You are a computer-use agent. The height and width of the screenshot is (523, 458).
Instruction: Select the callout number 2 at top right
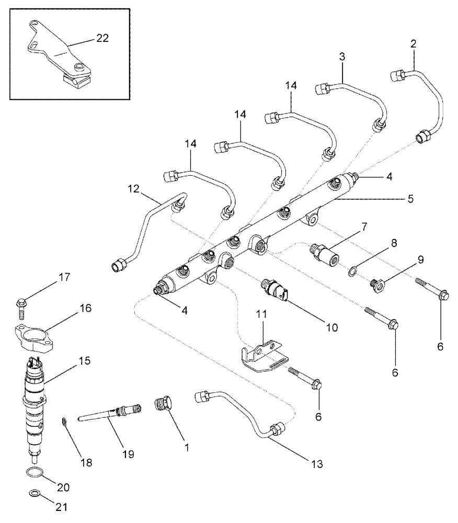point(413,45)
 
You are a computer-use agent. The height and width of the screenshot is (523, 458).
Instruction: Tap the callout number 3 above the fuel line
point(342,58)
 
